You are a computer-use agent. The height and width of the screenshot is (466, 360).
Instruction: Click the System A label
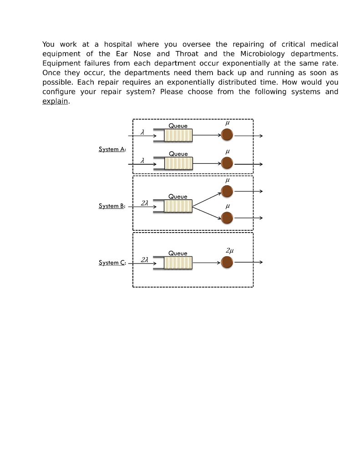tap(112, 149)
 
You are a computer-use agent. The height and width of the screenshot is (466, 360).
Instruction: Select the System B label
tap(112, 206)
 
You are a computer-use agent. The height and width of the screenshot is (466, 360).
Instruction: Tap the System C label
tap(112, 263)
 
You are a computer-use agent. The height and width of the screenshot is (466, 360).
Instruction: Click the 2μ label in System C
tap(230, 251)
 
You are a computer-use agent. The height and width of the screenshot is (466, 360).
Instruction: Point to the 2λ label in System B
tap(144, 203)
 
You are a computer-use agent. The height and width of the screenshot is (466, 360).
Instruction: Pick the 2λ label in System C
tap(144, 259)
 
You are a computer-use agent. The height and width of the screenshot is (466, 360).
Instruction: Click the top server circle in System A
tap(227, 135)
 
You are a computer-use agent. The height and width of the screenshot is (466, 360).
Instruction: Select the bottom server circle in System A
tap(227, 163)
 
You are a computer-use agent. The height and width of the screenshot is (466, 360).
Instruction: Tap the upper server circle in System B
tap(227, 192)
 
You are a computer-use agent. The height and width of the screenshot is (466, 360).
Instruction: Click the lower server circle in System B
tap(227, 218)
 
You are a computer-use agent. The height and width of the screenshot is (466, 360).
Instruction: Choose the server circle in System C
tap(227, 263)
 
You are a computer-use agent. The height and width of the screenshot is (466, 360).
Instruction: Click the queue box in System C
tap(178, 263)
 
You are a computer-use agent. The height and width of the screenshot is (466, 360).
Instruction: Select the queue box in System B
tap(178, 206)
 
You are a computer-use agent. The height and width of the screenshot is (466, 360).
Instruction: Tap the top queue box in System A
tap(178, 135)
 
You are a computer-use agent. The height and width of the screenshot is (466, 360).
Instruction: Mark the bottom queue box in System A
tap(178, 163)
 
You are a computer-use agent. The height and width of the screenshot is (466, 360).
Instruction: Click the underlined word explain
tap(56, 101)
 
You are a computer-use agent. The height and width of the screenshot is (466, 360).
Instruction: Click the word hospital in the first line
tap(118, 44)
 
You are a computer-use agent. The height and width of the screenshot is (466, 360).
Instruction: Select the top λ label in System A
tap(142, 132)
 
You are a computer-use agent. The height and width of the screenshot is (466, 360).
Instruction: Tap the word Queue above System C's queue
tap(178, 253)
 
